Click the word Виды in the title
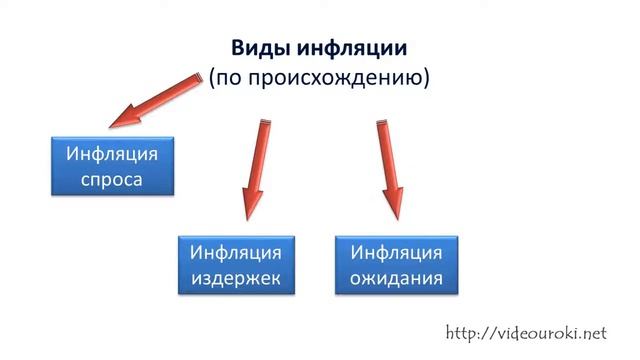click(x=257, y=48)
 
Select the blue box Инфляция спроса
click(x=112, y=166)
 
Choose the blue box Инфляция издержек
click(x=237, y=264)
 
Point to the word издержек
click(x=237, y=278)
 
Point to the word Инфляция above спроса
click(x=112, y=154)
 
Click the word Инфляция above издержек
click(x=237, y=251)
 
